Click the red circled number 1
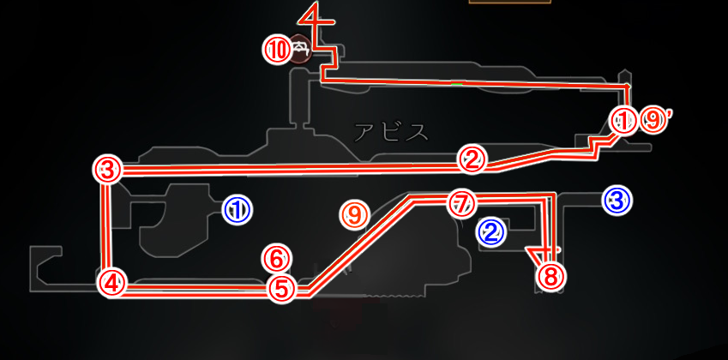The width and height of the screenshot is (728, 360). [x=623, y=121]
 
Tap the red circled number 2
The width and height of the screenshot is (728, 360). [x=472, y=160]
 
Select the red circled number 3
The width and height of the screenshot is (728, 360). [x=107, y=171]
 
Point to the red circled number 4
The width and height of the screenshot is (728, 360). [x=111, y=282]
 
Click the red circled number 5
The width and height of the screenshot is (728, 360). [x=282, y=289]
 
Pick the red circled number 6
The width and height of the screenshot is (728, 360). [x=277, y=260]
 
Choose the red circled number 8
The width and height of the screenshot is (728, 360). [x=551, y=278]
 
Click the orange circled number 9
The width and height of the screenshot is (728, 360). [x=354, y=215]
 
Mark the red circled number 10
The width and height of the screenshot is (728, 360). [x=277, y=50]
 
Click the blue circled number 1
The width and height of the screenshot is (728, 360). [x=237, y=210]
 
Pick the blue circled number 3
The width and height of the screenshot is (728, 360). [x=617, y=201]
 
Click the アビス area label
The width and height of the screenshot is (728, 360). [x=391, y=132]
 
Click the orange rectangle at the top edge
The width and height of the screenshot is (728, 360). [x=510, y=2]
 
